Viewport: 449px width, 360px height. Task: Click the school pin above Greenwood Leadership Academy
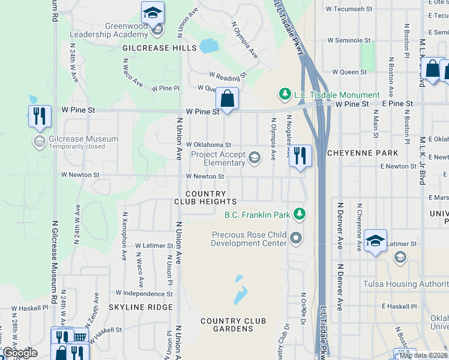pyautogui.click(x=152, y=13)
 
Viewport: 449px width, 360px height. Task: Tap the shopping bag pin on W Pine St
pyautogui.click(x=228, y=98)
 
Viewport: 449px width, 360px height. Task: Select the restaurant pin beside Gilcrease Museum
pyautogui.click(x=39, y=115)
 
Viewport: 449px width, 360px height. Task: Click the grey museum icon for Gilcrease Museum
pyautogui.click(x=39, y=142)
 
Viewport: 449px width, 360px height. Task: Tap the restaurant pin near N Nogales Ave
pyautogui.click(x=300, y=155)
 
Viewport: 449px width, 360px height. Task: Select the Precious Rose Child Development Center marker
pyautogui.click(x=295, y=239)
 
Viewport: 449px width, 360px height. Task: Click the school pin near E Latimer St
pyautogui.click(x=375, y=241)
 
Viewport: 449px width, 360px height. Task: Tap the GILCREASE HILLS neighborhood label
pyautogui.click(x=159, y=48)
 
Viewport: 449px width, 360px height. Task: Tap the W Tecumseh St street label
pyautogui.click(x=349, y=9)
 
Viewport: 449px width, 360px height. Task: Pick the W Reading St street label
pyautogui.click(x=228, y=76)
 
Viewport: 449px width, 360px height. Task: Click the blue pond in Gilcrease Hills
pyautogui.click(x=208, y=46)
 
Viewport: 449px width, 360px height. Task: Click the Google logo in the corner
pyautogui.click(x=20, y=353)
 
